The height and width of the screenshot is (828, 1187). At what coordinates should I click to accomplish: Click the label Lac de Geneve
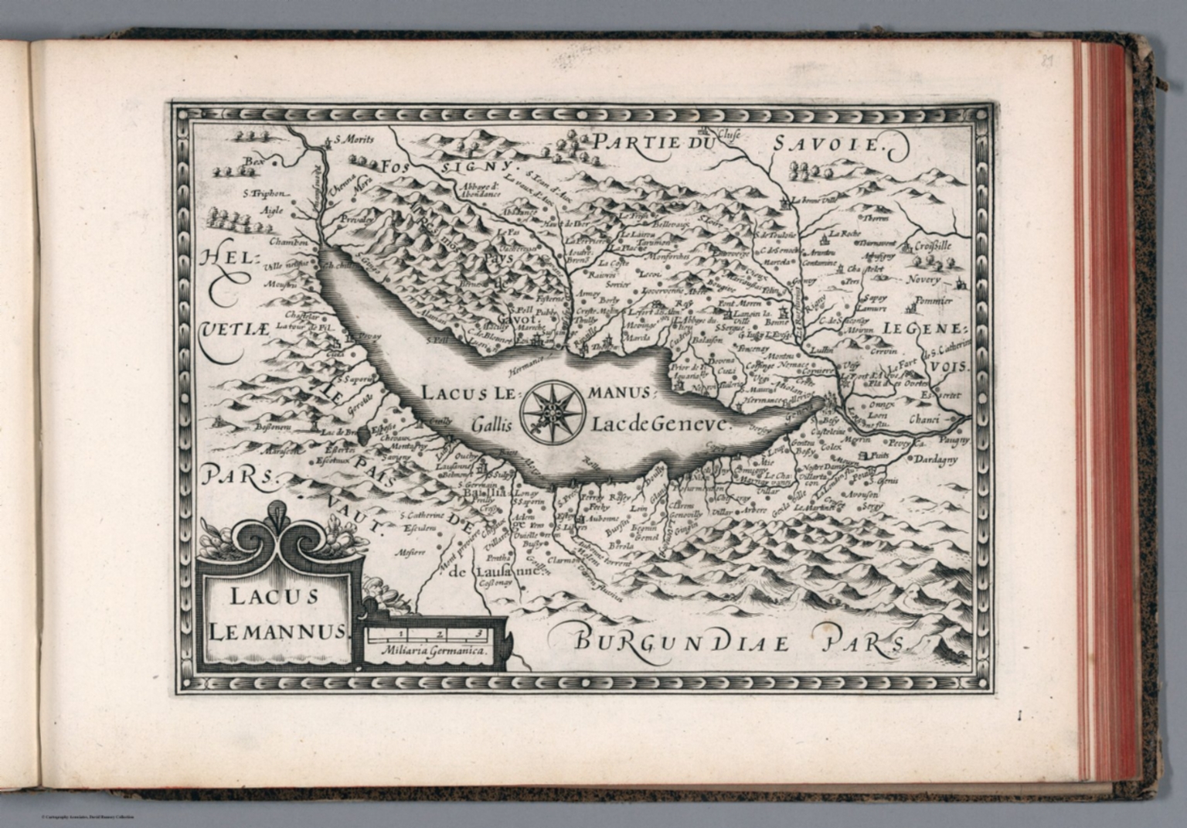[658, 424]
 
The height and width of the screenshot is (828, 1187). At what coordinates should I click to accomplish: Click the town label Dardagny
[935, 459]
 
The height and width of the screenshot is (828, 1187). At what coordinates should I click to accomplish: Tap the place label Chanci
[923, 420]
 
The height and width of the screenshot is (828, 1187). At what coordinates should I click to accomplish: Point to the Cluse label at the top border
[728, 134]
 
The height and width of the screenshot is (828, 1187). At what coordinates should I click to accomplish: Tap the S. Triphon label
[264, 194]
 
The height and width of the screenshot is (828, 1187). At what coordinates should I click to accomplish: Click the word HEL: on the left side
[227, 259]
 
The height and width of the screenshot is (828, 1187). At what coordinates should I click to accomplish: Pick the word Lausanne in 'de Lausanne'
[505, 572]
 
